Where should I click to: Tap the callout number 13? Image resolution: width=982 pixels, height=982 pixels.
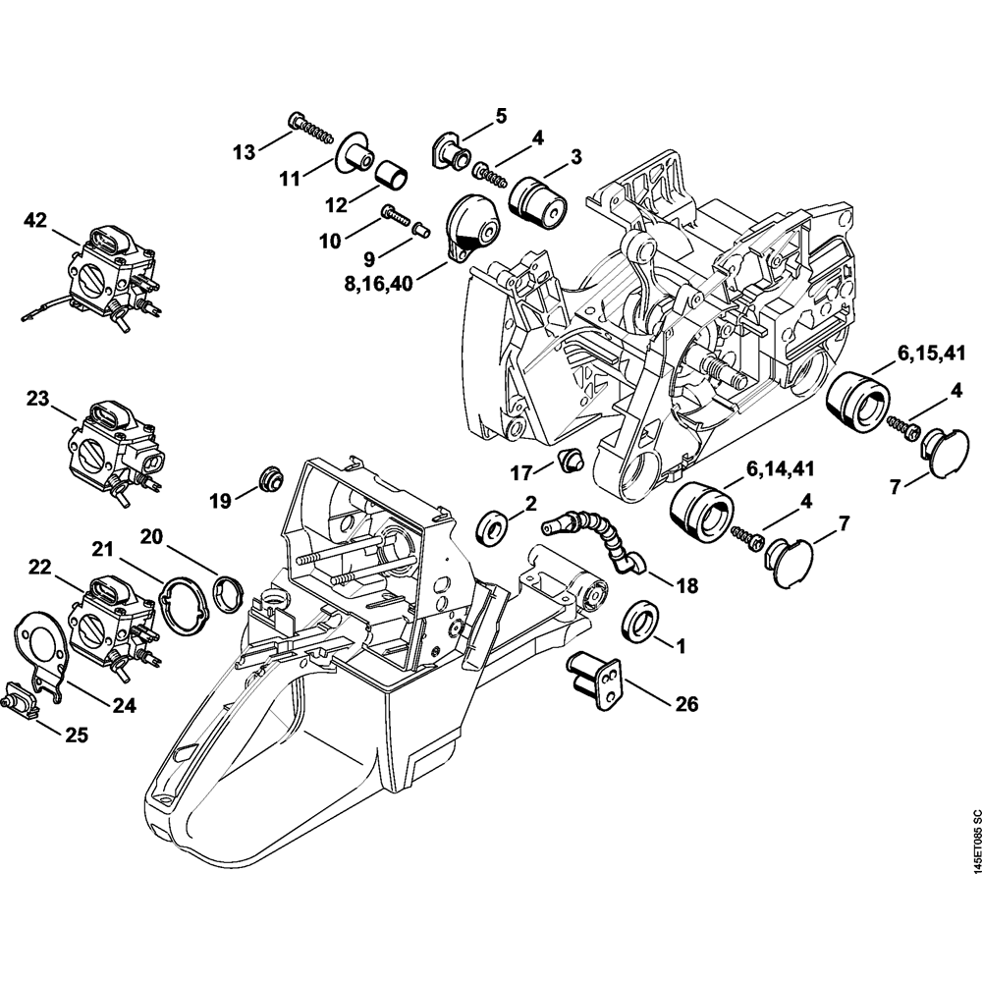coord(244,151)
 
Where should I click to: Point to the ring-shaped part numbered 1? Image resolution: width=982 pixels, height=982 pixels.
coord(641,622)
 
